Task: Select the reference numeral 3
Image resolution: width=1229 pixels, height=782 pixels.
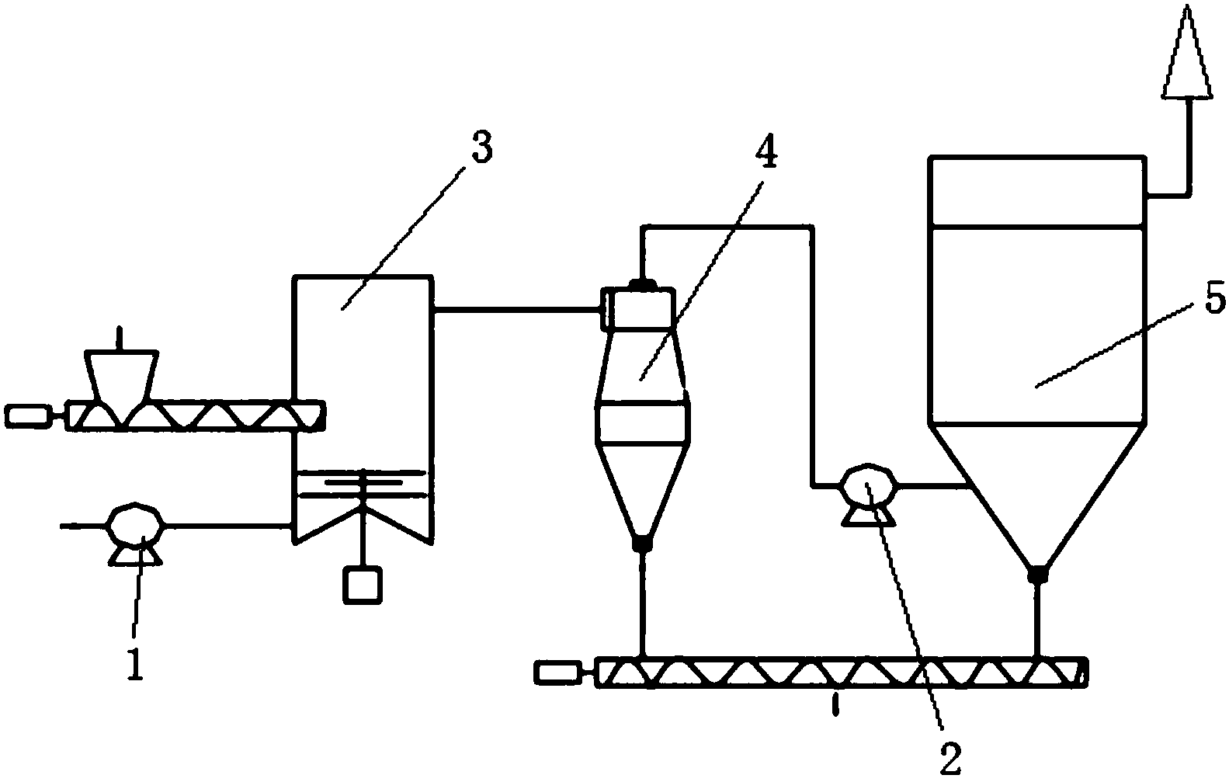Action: pyautogui.click(x=481, y=148)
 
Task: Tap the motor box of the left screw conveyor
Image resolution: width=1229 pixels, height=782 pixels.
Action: pyautogui.click(x=28, y=416)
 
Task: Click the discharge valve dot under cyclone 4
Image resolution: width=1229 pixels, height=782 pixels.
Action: pyautogui.click(x=642, y=544)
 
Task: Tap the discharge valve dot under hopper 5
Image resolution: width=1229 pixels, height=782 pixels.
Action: pyautogui.click(x=1036, y=575)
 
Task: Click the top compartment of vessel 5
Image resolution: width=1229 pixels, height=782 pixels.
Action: pyautogui.click(x=1036, y=192)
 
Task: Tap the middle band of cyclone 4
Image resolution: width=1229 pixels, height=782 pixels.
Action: pyautogui.click(x=642, y=423)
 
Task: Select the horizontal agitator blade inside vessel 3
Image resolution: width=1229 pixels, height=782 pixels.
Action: pyautogui.click(x=363, y=483)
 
